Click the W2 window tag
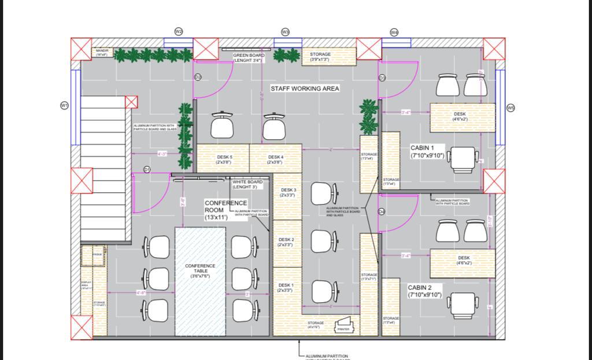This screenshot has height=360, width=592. (x=179, y=31)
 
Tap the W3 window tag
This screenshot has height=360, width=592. (x=285, y=32)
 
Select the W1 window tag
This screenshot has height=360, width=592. (x=64, y=105)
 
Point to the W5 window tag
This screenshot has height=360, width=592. (x=510, y=107)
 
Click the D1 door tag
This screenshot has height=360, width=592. (x=147, y=169)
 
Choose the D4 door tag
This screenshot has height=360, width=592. (x=382, y=212)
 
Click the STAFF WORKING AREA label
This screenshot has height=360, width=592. (x=305, y=88)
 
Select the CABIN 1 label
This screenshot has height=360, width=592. (x=427, y=151)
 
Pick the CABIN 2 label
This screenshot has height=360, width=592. (x=424, y=291)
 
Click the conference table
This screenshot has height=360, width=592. (x=200, y=281)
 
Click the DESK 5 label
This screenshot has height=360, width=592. (x=224, y=159)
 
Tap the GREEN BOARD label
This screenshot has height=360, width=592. (x=249, y=57)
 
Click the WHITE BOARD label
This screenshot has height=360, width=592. (x=247, y=184)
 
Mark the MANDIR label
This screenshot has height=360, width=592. (x=102, y=53)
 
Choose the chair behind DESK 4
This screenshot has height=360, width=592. (x=275, y=125)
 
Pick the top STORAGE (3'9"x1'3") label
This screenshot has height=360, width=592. (x=320, y=57)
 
